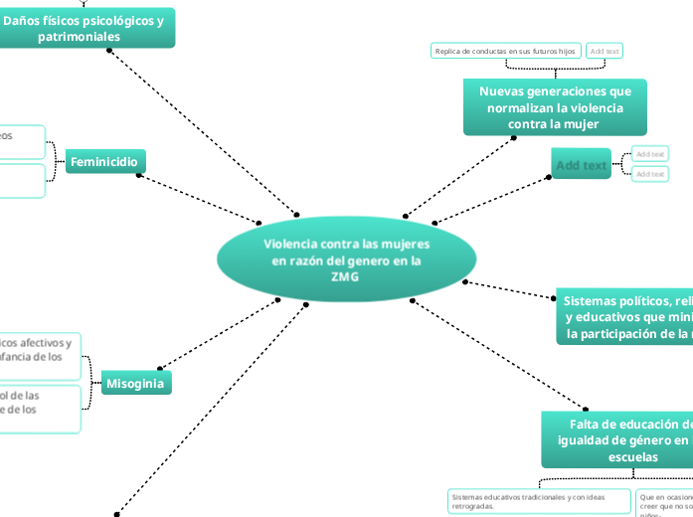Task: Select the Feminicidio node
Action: [105, 162]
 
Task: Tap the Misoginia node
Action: [136, 383]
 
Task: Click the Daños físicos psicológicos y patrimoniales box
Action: [87, 28]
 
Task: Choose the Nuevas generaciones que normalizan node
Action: [554, 107]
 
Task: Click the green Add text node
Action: [581, 164]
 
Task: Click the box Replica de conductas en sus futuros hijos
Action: [505, 51]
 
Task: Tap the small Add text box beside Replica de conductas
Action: [604, 51]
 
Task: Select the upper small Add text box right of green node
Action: [650, 154]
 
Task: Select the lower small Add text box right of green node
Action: [650, 174]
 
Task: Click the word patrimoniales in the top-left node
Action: [87, 37]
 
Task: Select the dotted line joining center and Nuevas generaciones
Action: [459, 176]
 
